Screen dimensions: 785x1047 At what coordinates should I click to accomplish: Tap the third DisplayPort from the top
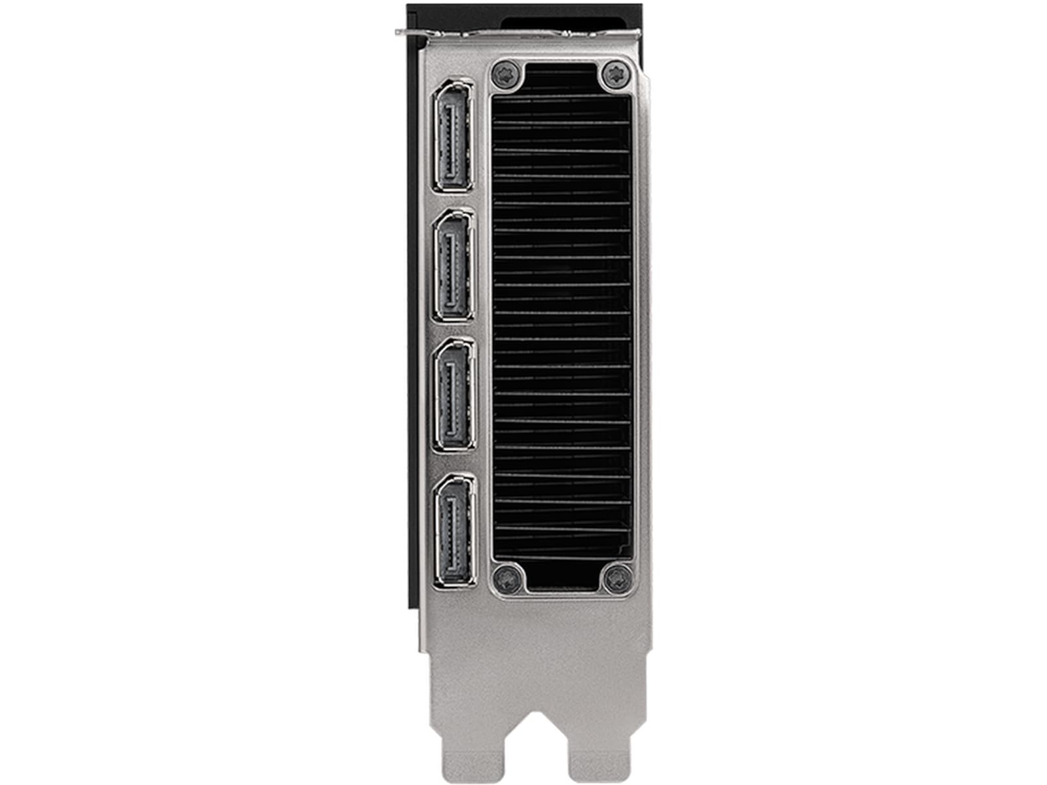point(454,394)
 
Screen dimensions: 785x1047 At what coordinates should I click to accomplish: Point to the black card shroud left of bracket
point(414,327)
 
